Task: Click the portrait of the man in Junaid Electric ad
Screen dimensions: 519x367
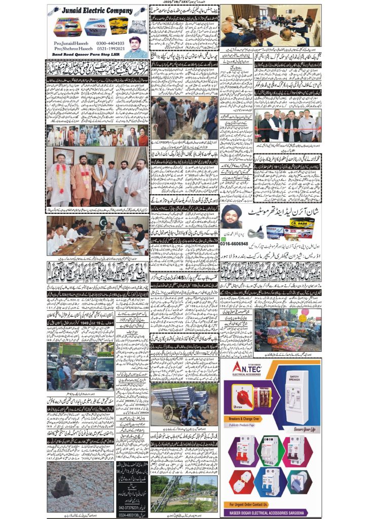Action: click(x=136, y=46)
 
